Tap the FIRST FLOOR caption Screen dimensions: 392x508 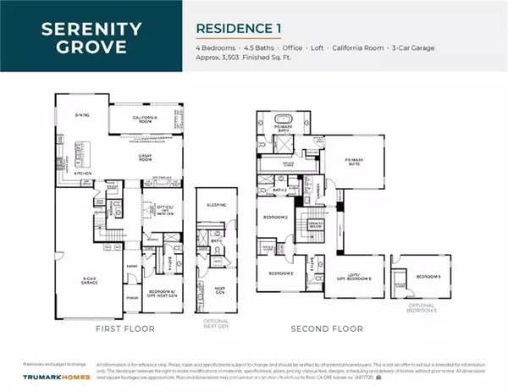123,327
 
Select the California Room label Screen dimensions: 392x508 153,120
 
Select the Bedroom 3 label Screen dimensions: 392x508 280,273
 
